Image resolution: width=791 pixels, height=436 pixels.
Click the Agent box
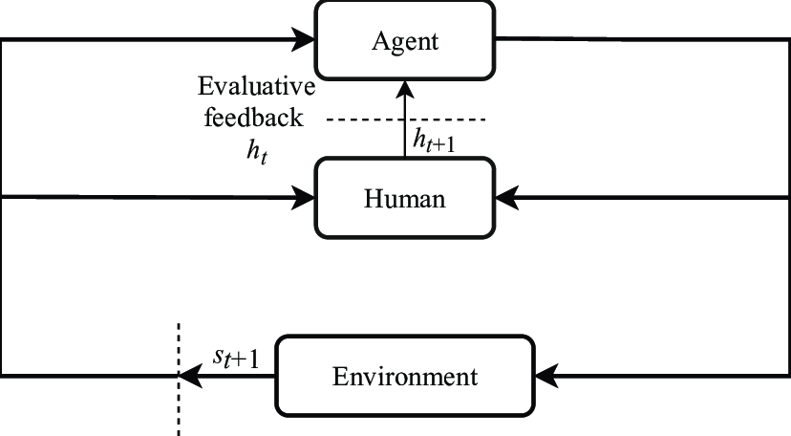[x=406, y=40]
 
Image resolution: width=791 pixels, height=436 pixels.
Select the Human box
[x=406, y=198]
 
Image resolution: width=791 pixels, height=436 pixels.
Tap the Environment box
[x=404, y=376]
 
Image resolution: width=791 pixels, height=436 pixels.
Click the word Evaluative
[x=256, y=88]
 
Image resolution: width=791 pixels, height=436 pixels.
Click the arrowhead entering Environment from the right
[x=545, y=376]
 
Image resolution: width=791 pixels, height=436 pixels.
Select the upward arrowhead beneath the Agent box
[x=406, y=92]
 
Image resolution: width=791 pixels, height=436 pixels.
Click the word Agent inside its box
[x=406, y=41]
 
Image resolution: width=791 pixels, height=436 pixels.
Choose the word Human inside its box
[x=406, y=199]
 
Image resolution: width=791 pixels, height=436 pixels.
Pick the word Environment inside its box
[x=404, y=377]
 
